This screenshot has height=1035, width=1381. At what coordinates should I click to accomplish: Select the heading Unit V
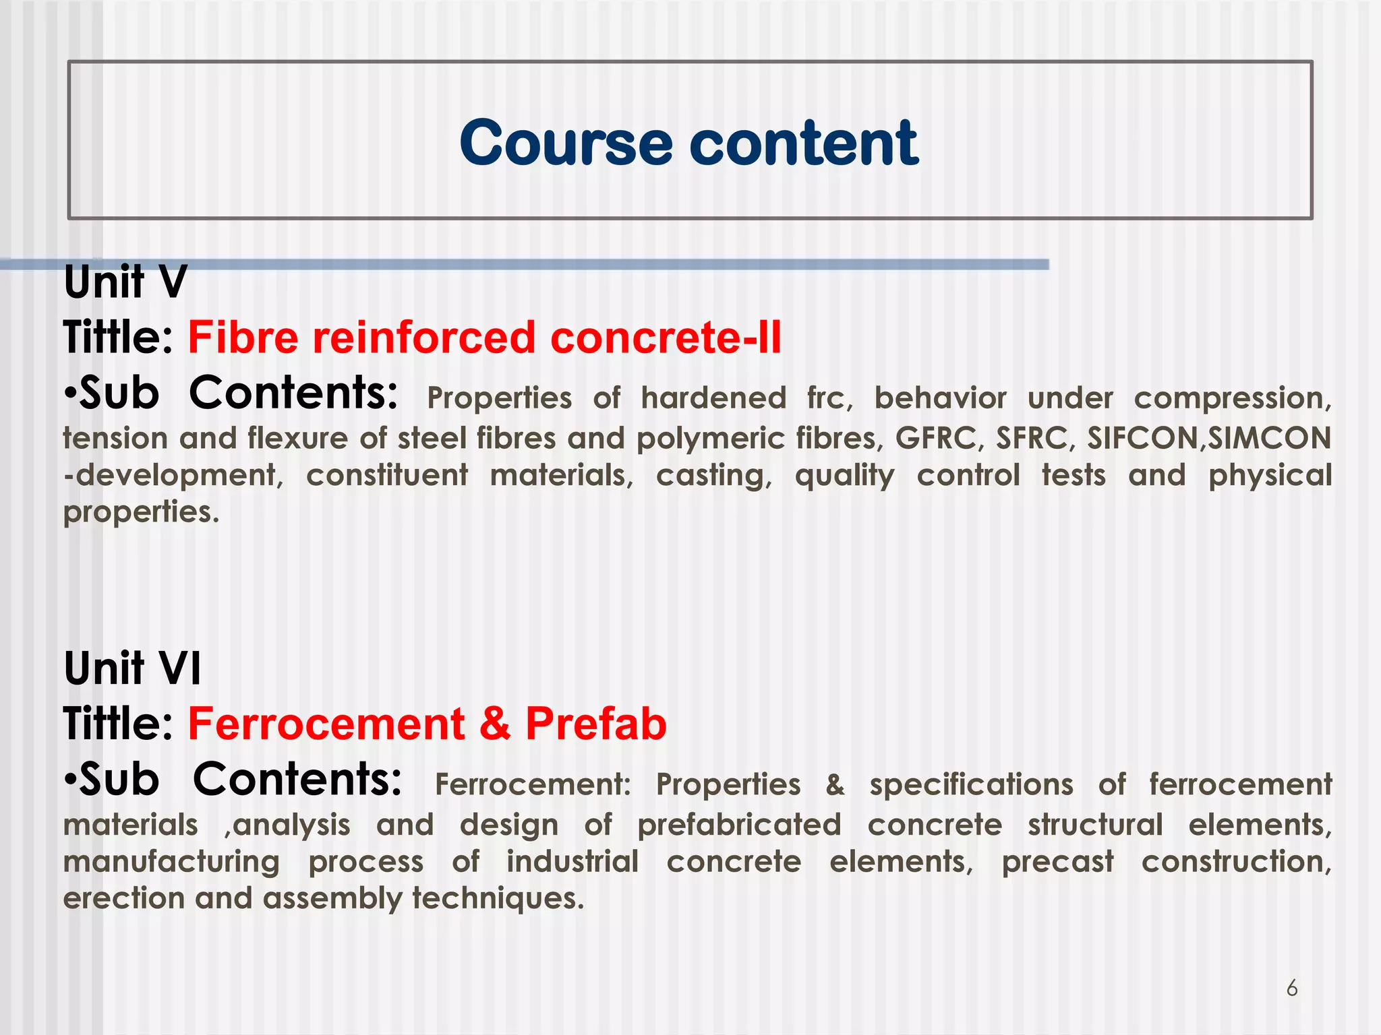[x=125, y=282]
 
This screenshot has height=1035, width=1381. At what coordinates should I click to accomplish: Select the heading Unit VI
[x=133, y=668]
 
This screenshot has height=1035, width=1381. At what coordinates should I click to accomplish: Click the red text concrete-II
[x=666, y=337]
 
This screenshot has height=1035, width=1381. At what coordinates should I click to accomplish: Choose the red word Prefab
[x=596, y=724]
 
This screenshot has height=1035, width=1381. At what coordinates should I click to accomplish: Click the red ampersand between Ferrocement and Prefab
[x=495, y=724]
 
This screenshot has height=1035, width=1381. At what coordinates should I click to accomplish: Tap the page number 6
[x=1292, y=989]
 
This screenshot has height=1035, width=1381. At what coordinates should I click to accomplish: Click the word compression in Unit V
[x=1232, y=399]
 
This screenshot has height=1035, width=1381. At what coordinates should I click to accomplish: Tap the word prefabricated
[x=740, y=825]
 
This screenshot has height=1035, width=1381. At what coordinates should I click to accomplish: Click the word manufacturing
[x=171, y=862]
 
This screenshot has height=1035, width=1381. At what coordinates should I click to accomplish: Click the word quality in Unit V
[x=844, y=476]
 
